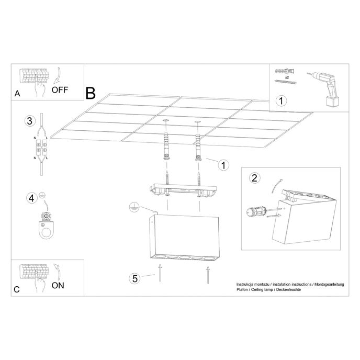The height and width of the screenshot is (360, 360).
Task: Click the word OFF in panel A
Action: (60, 89)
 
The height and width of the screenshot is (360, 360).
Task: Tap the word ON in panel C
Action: (58, 285)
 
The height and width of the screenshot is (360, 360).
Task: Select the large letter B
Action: (91, 93)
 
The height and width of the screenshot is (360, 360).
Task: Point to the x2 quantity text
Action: (287, 77)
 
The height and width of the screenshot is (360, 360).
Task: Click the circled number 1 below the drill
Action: (281, 100)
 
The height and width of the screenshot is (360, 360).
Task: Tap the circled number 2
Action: (255, 178)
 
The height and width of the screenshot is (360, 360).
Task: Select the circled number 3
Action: (30, 121)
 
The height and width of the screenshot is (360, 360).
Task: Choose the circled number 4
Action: (32, 198)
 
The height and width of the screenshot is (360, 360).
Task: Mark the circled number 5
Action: (135, 278)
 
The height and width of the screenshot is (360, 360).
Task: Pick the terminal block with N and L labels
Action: (41, 147)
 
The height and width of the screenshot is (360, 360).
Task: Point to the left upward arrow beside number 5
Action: (160, 274)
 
